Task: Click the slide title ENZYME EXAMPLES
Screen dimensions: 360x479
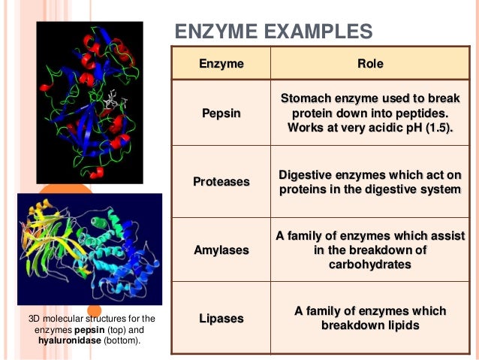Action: pyautogui.click(x=273, y=32)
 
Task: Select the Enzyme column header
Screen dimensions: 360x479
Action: pyautogui.click(x=221, y=64)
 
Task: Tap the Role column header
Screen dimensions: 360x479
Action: pyautogui.click(x=369, y=64)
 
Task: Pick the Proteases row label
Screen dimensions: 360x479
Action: pyautogui.click(x=221, y=182)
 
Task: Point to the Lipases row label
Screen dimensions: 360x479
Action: pyautogui.click(x=221, y=319)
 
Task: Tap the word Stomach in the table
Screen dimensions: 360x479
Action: pyautogui.click(x=306, y=99)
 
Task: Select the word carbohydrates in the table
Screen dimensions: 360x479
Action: pyautogui.click(x=370, y=265)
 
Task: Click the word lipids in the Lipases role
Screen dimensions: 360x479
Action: pyautogui.click(x=402, y=325)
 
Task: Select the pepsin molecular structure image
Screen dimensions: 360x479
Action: pyautogui.click(x=89, y=101)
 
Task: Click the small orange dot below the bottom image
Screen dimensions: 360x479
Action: pyautogui.click(x=94, y=310)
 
